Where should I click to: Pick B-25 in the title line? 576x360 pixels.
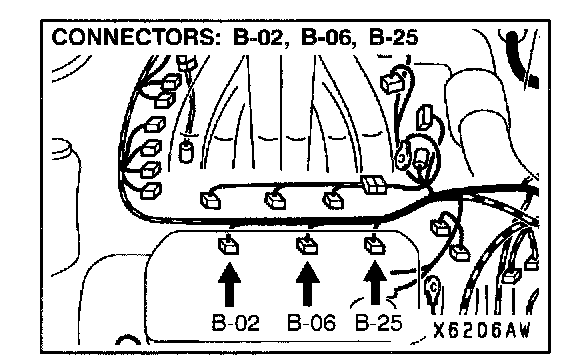click(x=393, y=37)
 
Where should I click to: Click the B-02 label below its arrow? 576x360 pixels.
click(x=235, y=323)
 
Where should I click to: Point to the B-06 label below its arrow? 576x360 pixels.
click(x=311, y=323)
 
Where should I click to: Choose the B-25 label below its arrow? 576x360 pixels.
click(x=379, y=323)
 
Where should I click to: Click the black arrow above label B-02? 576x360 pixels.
click(x=230, y=284)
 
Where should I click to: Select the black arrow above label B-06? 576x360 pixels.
click(x=307, y=284)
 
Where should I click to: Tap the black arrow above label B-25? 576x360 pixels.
click(x=375, y=282)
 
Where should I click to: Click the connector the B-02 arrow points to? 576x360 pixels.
click(x=228, y=246)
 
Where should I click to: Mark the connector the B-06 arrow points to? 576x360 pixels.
click(x=307, y=245)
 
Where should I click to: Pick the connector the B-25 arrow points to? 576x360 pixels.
click(x=375, y=245)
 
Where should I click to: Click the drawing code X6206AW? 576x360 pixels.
click(x=482, y=330)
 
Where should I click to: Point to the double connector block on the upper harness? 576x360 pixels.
click(x=374, y=184)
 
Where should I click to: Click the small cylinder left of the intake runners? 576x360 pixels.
click(x=186, y=151)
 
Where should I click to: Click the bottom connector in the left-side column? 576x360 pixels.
click(x=151, y=191)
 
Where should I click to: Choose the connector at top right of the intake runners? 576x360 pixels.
click(x=392, y=83)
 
